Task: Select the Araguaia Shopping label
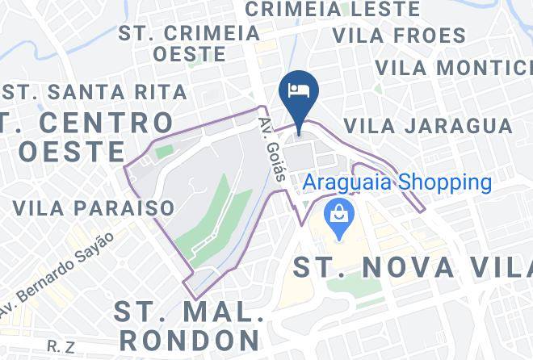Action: pos(397,182)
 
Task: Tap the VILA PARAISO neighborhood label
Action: pos(94,207)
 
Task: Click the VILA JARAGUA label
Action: pos(427,126)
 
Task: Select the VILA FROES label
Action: pos(399,36)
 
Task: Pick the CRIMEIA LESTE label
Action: pos(332,10)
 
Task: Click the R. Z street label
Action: pos(61,346)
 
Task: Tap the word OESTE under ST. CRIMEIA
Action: pos(189,54)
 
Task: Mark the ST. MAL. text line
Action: pos(189,309)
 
